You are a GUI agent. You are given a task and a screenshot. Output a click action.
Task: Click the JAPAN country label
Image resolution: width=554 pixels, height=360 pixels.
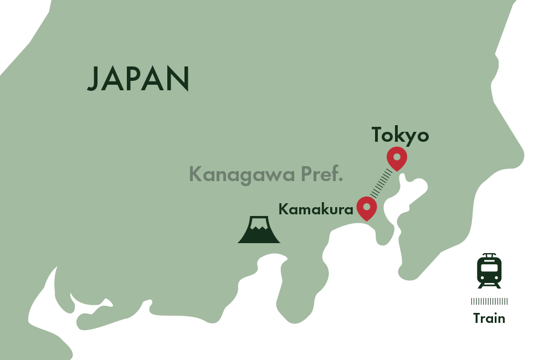tap(138, 79)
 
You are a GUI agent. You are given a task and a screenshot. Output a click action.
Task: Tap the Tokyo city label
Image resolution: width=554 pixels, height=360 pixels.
tap(400, 136)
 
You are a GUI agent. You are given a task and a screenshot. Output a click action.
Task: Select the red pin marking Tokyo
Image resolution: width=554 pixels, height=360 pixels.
tap(397, 159)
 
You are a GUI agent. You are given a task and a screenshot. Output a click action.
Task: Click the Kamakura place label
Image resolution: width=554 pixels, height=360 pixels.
tap(316, 210)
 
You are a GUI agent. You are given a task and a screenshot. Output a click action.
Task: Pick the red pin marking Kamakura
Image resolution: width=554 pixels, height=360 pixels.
tap(366, 208)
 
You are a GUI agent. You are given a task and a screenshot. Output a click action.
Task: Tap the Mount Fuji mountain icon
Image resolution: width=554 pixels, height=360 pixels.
tap(259, 230)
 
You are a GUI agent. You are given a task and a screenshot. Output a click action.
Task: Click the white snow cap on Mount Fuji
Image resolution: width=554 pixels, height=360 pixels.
tap(258, 224)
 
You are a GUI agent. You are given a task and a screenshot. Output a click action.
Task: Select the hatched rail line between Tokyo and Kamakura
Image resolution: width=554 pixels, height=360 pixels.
tap(382, 184)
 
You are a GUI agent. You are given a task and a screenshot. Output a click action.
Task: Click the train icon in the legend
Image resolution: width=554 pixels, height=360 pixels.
tap(489, 271)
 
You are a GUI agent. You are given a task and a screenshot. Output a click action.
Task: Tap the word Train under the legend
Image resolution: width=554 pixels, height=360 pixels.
tap(489, 318)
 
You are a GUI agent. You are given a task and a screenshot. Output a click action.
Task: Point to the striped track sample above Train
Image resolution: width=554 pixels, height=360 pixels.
tap(489, 301)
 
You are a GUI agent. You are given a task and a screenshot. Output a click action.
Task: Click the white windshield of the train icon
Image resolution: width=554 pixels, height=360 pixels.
tap(489, 268)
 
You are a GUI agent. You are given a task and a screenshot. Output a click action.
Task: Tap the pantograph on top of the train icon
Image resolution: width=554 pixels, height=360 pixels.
tap(489, 255)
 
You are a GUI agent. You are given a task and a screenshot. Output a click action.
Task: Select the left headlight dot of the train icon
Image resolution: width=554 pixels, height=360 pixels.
tap(483, 277)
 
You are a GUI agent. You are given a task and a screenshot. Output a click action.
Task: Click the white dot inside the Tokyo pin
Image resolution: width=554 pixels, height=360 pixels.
tap(397, 157)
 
